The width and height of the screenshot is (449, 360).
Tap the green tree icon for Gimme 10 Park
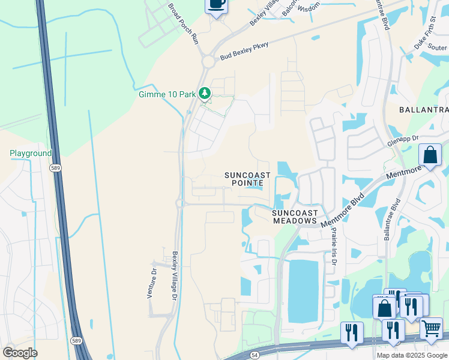[x=205, y=93]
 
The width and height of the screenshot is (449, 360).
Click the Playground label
[x=31, y=154]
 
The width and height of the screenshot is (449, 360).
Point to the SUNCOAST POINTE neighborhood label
[x=247, y=179]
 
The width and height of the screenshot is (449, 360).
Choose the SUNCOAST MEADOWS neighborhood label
[x=294, y=217]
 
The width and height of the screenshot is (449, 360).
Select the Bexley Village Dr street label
[x=175, y=276]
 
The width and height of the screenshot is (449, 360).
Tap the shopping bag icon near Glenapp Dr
[x=430, y=155]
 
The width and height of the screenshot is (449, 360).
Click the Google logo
[x=20, y=353]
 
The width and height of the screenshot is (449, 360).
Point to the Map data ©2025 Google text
[x=411, y=355]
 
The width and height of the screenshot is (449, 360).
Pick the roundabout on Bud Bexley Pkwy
[x=208, y=61]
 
